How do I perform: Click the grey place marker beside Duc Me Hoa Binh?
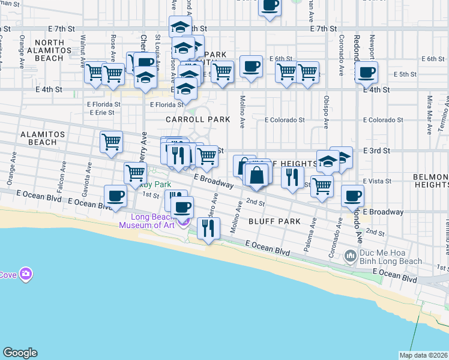click(x=352, y=257)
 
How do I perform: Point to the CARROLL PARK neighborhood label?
click(x=198, y=119)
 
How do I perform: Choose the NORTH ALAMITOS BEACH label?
click(x=49, y=50)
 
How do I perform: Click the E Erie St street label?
click(x=100, y=112)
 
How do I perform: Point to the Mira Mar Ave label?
click(x=430, y=107)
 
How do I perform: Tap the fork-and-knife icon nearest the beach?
click(x=208, y=228)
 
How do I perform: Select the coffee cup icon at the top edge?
click(x=269, y=7)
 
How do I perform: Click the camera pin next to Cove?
click(x=25, y=274)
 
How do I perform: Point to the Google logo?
click(x=20, y=353)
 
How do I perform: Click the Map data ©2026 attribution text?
click(x=423, y=355)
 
